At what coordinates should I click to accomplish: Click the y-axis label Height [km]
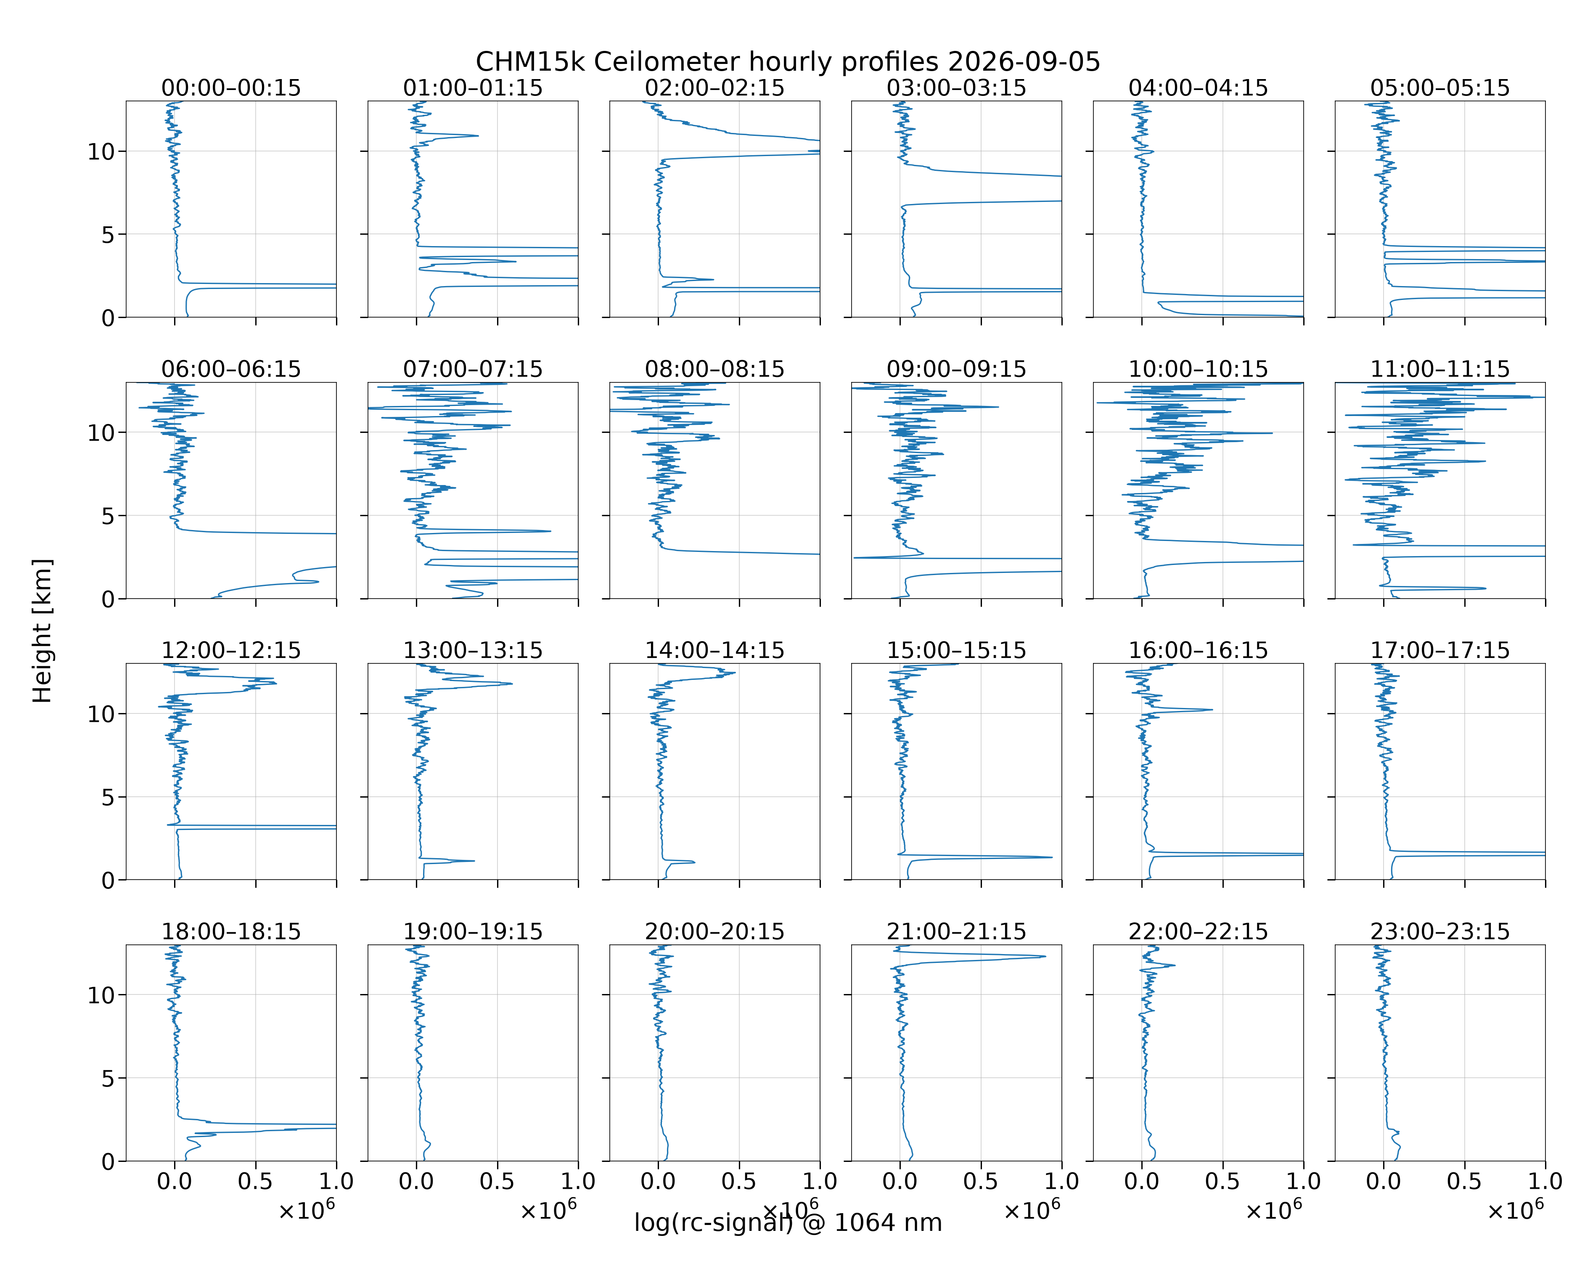(x=42, y=631)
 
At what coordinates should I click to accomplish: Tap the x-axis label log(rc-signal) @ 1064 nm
(x=788, y=1222)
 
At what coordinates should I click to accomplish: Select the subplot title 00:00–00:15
(x=231, y=88)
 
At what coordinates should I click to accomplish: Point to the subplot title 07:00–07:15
(x=473, y=369)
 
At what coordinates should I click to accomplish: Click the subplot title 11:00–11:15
(x=1440, y=369)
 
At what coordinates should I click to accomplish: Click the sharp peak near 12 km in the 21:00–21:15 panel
(x=1045, y=956)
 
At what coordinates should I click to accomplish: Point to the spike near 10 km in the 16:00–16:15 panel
(x=1211, y=710)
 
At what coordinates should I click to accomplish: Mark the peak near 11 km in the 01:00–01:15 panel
(x=478, y=135)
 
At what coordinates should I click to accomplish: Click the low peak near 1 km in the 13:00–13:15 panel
(x=473, y=861)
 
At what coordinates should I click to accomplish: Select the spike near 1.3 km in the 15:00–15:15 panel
(x=1051, y=857)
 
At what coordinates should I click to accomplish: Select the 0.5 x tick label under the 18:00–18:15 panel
(x=255, y=1182)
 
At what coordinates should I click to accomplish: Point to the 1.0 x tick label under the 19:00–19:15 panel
(x=578, y=1182)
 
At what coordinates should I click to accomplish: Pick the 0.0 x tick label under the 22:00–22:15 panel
(x=1142, y=1182)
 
